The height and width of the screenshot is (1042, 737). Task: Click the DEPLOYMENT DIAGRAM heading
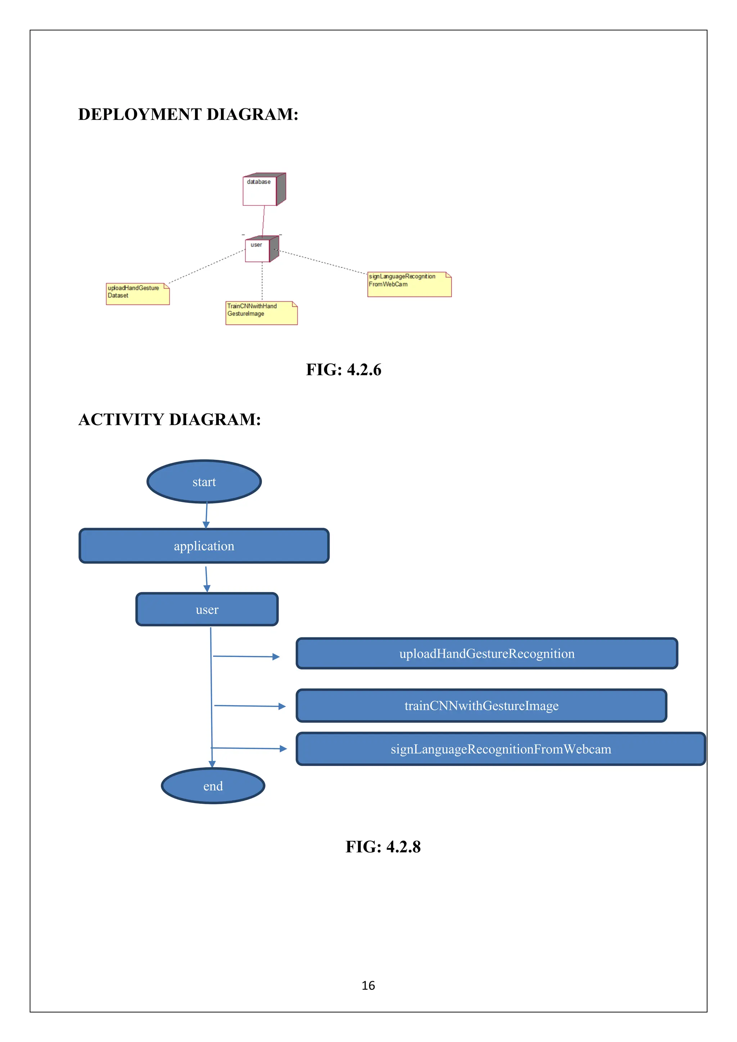pos(188,114)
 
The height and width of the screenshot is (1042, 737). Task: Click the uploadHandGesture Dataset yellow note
pos(137,294)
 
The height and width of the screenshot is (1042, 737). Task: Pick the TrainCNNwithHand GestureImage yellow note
pos(261,313)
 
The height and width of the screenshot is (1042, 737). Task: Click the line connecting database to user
pos(263,221)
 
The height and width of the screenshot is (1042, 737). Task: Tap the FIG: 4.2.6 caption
pos(344,370)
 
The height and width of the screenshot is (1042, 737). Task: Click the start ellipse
pos(204,481)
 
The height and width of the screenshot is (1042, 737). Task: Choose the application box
pos(204,546)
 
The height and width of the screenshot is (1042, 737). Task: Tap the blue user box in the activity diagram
pos(207,610)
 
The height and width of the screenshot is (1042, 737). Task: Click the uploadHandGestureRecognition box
pos(487,653)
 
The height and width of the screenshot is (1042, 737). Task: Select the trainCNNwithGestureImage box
pos(481,706)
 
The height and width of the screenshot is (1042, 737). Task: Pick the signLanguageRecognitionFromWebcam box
pos(501,749)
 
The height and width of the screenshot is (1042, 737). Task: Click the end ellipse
pos(213,786)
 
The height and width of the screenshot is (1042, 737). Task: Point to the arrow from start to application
pos(207,516)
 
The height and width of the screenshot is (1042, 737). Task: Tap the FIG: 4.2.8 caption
pos(383,847)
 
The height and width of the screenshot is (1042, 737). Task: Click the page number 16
pos(368,985)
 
